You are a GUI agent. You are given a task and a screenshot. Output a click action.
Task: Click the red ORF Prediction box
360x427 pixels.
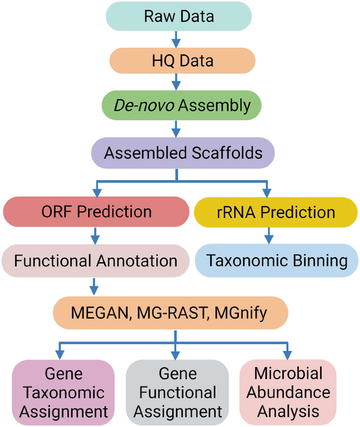96,212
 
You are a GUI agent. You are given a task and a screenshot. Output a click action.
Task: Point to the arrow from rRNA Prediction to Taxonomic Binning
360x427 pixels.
269,236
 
